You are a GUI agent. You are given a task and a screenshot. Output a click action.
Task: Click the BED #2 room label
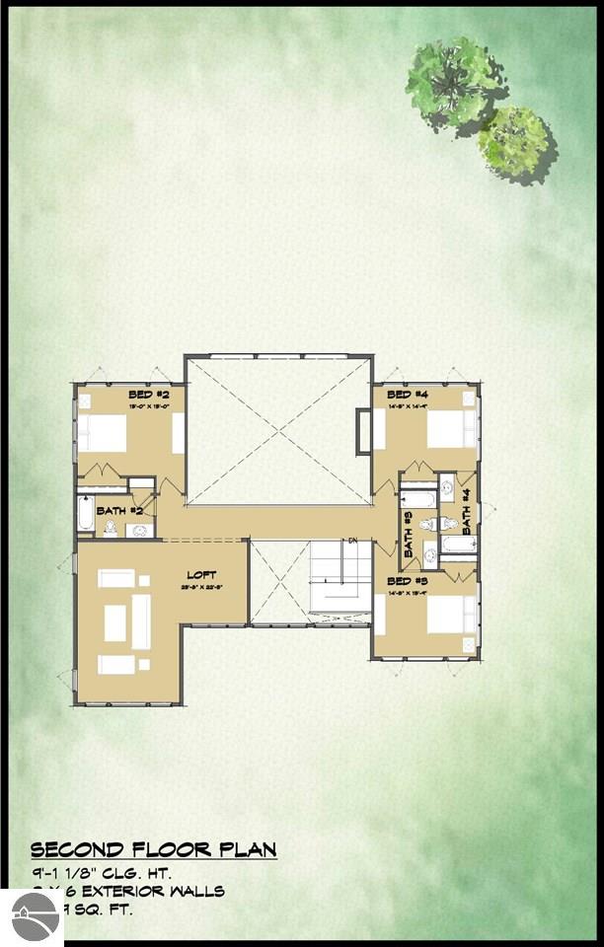coord(149,395)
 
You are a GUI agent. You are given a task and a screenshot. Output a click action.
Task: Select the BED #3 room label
coord(407,581)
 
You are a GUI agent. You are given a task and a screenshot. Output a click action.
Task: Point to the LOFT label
coord(202,574)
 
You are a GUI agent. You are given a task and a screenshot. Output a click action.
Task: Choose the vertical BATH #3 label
coord(407,532)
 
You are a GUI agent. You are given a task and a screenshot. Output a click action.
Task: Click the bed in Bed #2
coord(103,432)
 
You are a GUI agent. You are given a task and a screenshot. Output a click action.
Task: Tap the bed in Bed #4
coord(449,428)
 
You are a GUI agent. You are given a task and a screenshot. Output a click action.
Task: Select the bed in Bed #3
coord(449,615)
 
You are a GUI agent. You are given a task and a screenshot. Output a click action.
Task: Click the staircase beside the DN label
coord(340,577)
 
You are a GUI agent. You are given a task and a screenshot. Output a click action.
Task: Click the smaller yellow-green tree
coord(514,140)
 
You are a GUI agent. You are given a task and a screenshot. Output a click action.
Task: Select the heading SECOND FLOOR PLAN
coord(153,849)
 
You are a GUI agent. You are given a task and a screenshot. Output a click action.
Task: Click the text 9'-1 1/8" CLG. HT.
coord(102,873)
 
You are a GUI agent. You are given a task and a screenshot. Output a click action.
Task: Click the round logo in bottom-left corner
coord(32,917)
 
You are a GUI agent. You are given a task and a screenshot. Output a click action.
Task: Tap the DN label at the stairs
coord(351,541)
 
